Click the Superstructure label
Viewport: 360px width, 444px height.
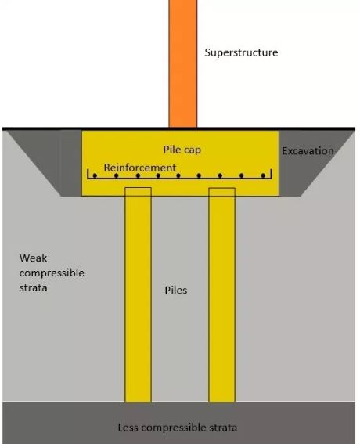(241, 52)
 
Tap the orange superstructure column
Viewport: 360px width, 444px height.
(183, 63)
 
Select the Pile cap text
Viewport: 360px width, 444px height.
(182, 149)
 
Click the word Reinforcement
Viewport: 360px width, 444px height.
(140, 168)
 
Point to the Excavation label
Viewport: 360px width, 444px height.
(308, 150)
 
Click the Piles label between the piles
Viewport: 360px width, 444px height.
(176, 290)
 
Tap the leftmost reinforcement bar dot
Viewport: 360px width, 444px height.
(95, 176)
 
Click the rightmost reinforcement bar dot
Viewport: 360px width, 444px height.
(262, 176)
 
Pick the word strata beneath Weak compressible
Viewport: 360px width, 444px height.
(34, 287)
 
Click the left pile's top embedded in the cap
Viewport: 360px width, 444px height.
(139, 192)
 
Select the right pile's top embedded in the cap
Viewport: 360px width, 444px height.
(221, 192)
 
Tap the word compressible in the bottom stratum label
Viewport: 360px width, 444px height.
(177, 428)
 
